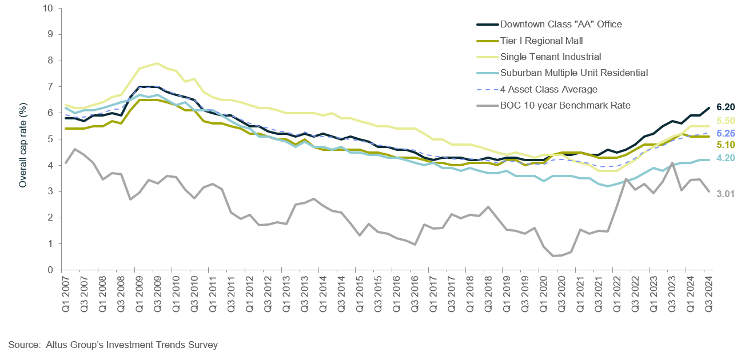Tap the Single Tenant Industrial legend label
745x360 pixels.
pyautogui.click(x=550, y=57)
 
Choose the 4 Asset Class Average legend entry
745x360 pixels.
pyautogui.click(x=548, y=89)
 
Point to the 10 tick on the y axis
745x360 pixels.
pyautogui.click(x=48, y=8)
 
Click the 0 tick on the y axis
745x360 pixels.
pyautogui.click(x=50, y=270)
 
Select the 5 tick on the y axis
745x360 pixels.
pyautogui.click(x=50, y=139)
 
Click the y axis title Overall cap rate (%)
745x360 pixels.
pyautogui.click(x=23, y=139)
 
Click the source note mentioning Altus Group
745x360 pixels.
pyautogui.click(x=113, y=345)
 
